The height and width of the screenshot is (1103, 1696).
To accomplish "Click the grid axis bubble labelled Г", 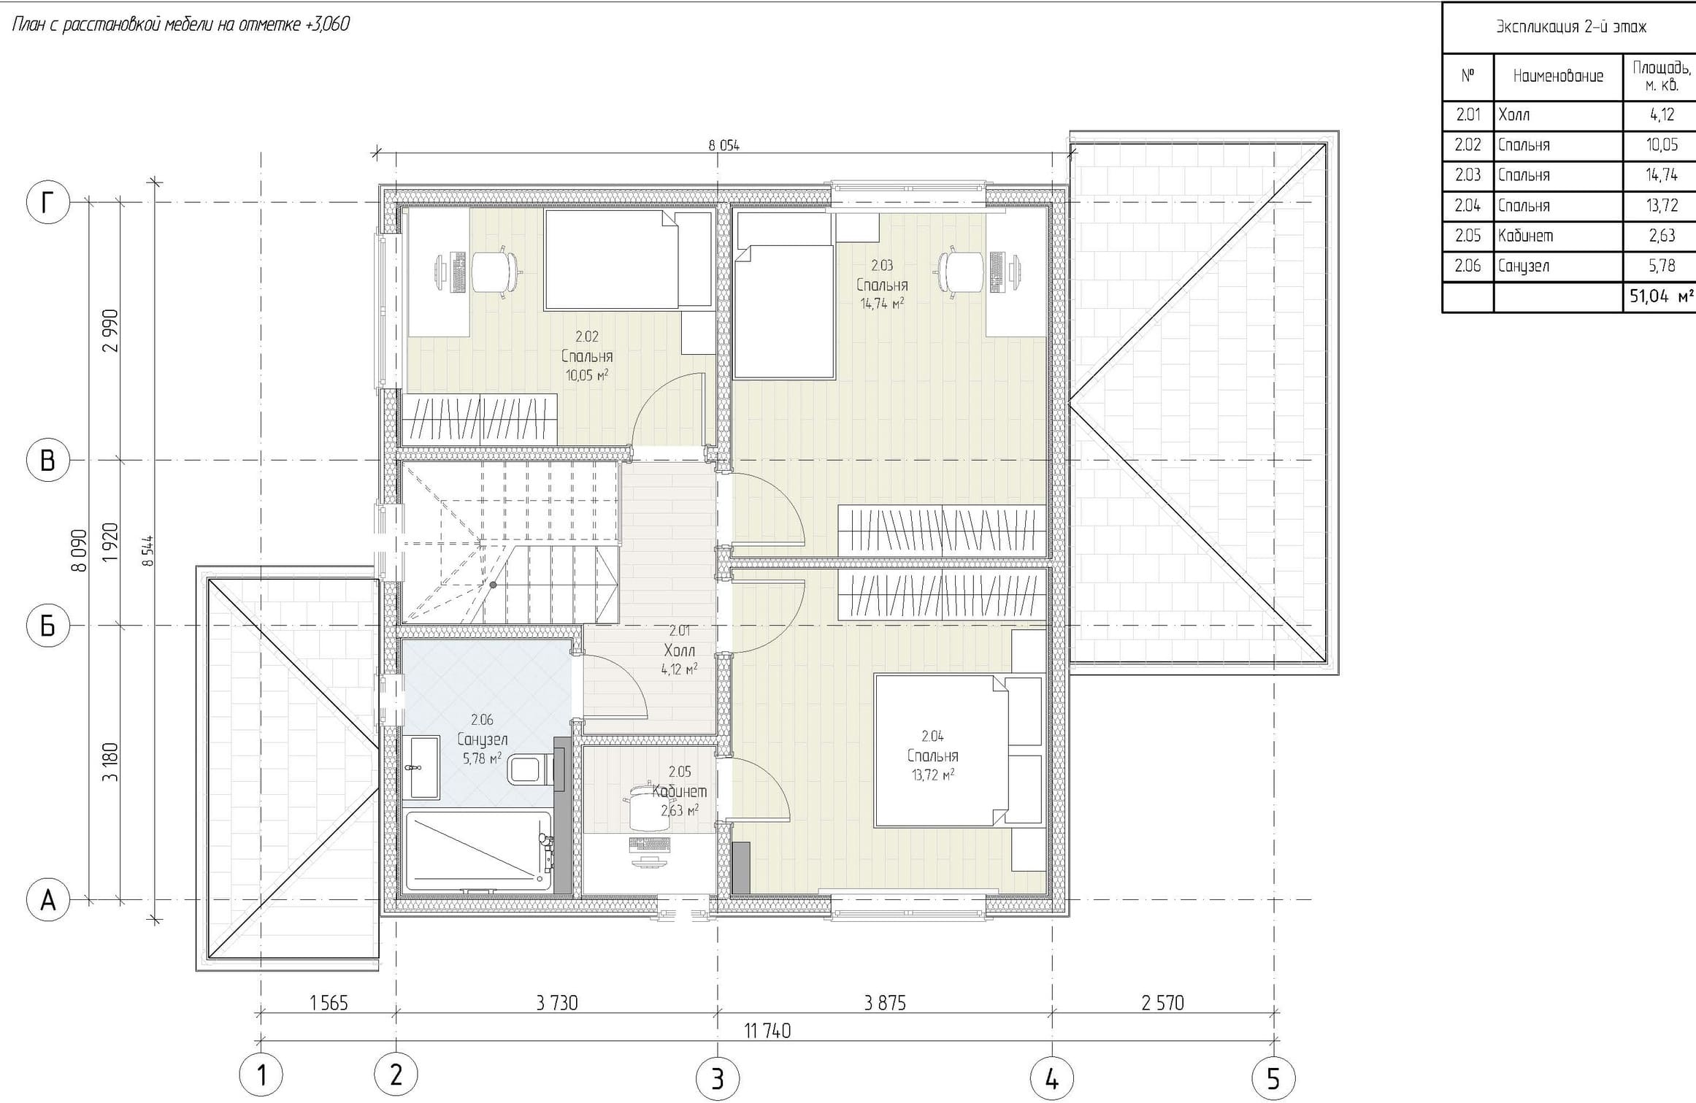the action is point(48,202).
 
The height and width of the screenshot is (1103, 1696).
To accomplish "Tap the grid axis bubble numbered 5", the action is point(1273,1077).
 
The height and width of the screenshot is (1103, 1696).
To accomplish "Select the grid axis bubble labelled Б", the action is point(48,626).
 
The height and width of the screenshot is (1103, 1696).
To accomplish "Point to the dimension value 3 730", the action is point(556,1004).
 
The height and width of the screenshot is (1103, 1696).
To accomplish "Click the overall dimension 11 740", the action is point(767,1031).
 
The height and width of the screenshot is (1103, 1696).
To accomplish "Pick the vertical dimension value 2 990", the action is point(111,331).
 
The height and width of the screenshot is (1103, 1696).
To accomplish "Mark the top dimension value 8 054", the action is point(724,145).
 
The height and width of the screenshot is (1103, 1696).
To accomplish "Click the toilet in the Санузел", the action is point(529,769).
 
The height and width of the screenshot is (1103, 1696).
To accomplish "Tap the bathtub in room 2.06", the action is point(479,851).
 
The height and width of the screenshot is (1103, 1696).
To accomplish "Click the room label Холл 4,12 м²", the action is point(679,650).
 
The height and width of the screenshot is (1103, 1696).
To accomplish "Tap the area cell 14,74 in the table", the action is point(1661,175).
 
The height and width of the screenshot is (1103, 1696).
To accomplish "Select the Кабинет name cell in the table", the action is point(1558,236).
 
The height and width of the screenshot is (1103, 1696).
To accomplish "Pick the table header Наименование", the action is point(1558,76).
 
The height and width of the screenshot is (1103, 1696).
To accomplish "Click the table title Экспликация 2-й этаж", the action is point(1569,27).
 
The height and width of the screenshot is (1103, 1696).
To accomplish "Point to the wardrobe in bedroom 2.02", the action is point(479,419).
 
